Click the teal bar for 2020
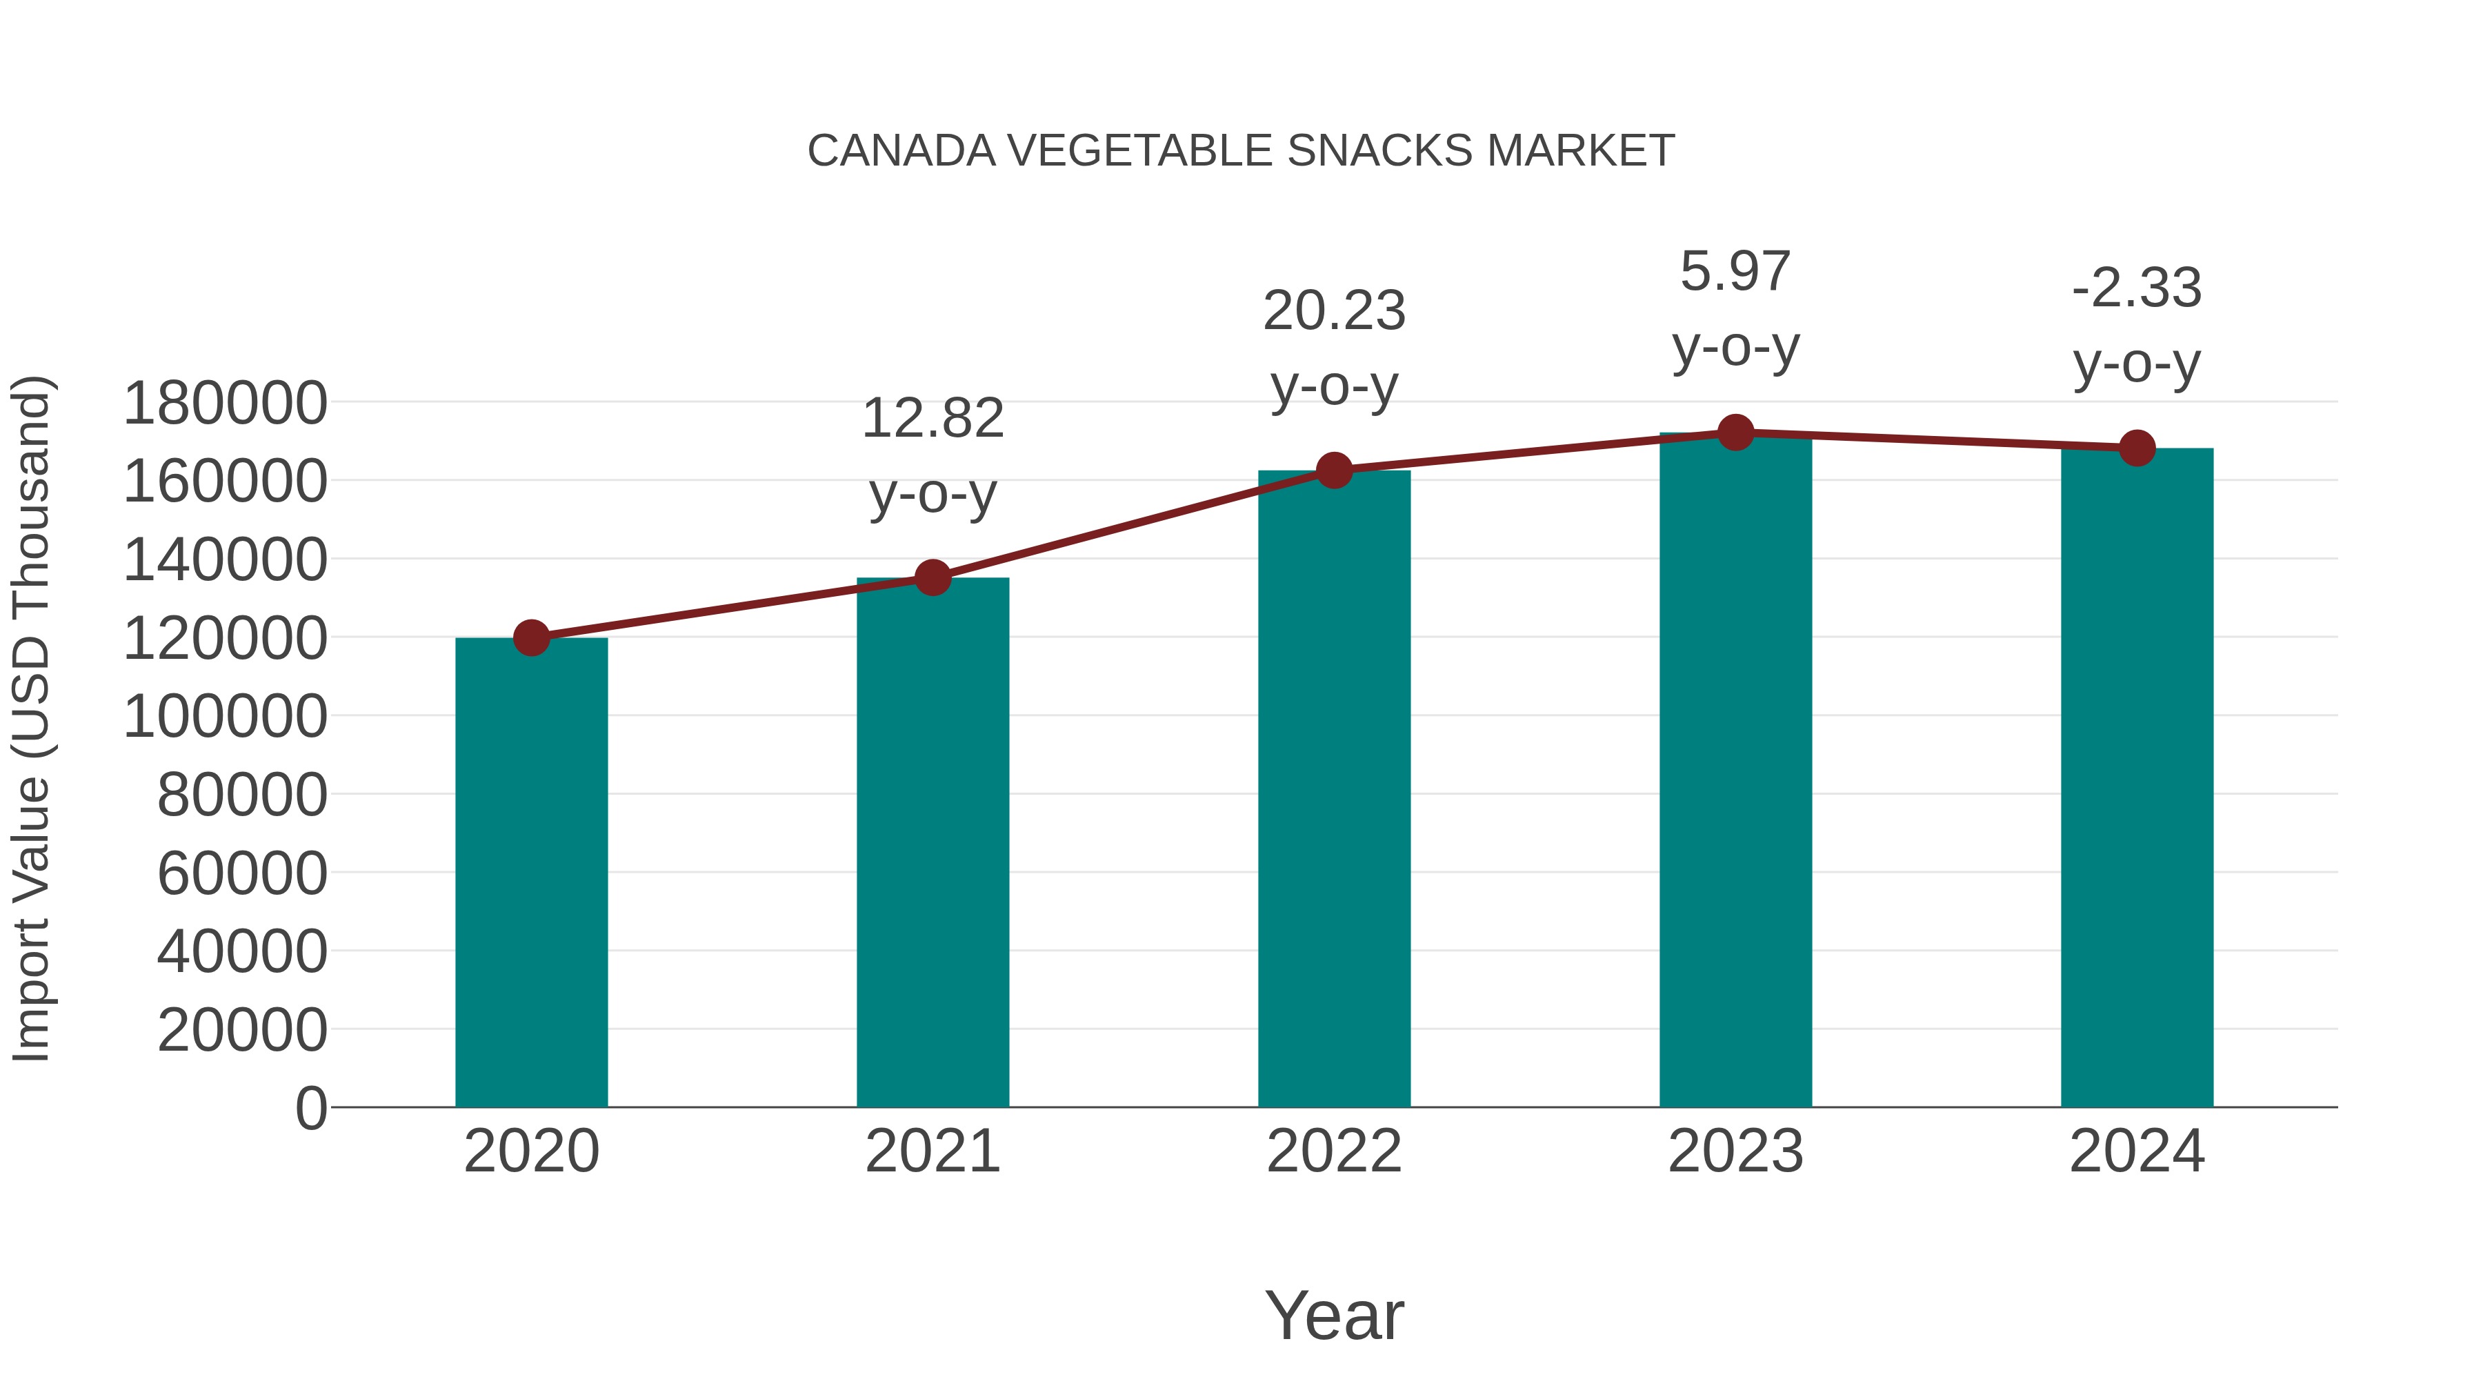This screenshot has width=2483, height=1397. (531, 873)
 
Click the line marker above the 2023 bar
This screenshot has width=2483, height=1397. (1735, 433)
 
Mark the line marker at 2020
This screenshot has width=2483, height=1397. (531, 637)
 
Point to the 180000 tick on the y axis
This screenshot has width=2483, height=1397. (226, 403)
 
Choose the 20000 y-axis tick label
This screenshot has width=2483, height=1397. (242, 1030)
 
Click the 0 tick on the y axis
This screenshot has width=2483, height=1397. (311, 1108)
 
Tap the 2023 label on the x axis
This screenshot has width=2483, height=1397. (1735, 1151)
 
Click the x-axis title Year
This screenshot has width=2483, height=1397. (1334, 1315)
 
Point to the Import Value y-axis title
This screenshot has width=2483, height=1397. (31, 718)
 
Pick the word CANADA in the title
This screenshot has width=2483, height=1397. (901, 151)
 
